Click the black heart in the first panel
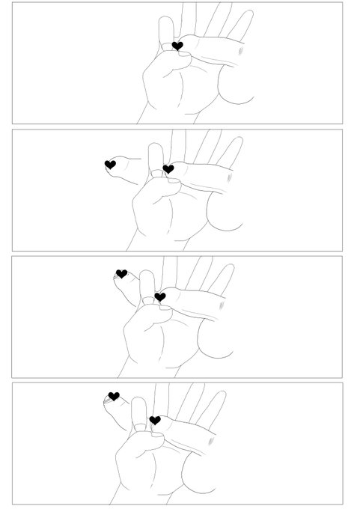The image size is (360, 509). click(177, 46)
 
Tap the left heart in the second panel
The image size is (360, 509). click(110, 165)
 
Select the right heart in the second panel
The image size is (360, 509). click(168, 170)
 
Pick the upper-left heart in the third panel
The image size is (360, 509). click(121, 274)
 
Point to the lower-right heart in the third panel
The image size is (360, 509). click(159, 297)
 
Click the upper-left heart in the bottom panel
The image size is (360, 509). click(114, 396)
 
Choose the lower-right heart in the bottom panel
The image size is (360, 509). click(154, 421)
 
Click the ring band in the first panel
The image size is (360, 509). click(167, 48)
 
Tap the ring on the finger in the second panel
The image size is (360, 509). click(157, 175)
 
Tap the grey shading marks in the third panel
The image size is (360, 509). click(222, 305)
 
